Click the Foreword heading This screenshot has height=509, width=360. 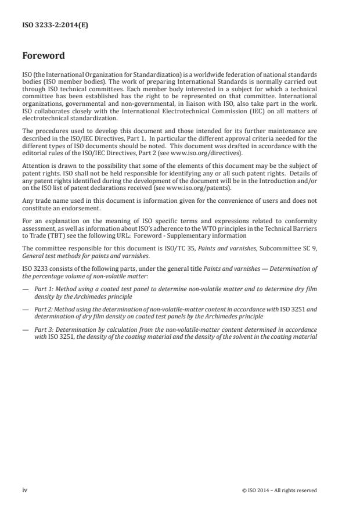44,56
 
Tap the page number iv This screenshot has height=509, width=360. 25,490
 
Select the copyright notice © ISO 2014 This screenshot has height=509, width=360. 279,490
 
